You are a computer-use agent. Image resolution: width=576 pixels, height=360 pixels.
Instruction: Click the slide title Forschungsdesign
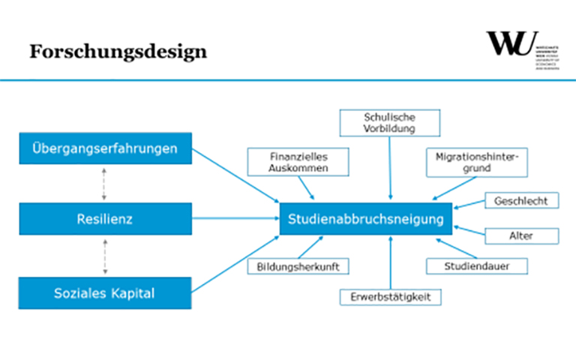tap(118, 52)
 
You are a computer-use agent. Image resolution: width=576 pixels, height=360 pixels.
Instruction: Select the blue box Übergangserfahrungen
tap(105, 148)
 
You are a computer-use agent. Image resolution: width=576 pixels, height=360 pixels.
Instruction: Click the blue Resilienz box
tap(105, 220)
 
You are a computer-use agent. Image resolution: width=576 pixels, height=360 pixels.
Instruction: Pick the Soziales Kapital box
tap(105, 292)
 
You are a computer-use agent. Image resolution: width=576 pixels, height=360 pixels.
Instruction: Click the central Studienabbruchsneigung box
tap(366, 220)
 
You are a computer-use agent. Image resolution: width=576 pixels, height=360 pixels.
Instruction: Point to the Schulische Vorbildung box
tap(389, 123)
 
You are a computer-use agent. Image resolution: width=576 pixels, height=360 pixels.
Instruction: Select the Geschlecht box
tap(521, 201)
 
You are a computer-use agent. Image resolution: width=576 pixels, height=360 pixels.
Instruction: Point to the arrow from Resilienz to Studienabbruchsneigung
tap(235, 220)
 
